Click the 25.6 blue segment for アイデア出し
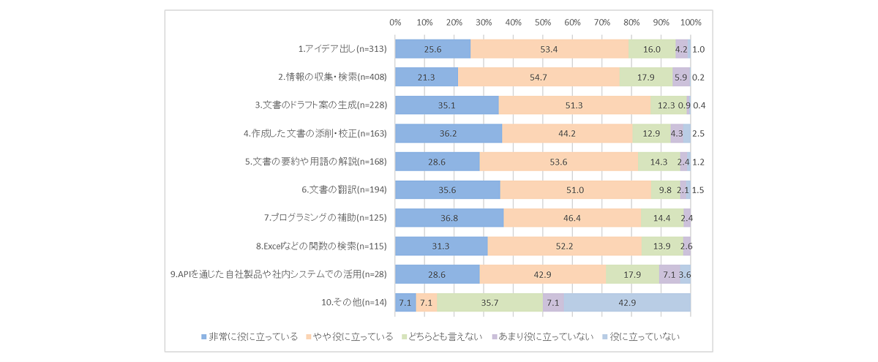432,50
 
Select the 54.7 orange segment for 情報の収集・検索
539,78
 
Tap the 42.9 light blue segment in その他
627,303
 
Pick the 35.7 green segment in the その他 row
489,303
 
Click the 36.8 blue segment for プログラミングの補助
449,218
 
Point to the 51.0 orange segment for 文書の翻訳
575,190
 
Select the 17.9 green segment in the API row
633,274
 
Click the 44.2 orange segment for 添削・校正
567,134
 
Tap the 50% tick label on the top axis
543,22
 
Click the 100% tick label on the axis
691,22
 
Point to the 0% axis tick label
395,22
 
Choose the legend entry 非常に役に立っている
249,337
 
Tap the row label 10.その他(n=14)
353,303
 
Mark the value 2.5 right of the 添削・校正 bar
698,134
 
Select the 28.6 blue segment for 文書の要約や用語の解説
438,162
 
